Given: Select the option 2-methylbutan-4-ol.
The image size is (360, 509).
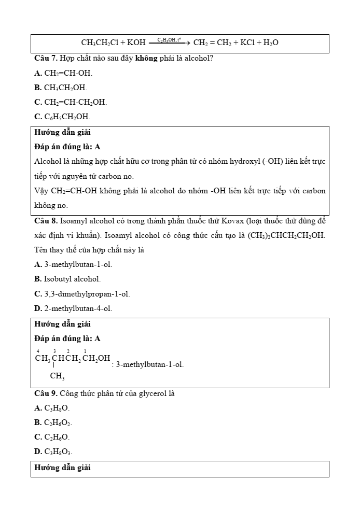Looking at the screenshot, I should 78,308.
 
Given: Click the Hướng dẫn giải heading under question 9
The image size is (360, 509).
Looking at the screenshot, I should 62,468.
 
